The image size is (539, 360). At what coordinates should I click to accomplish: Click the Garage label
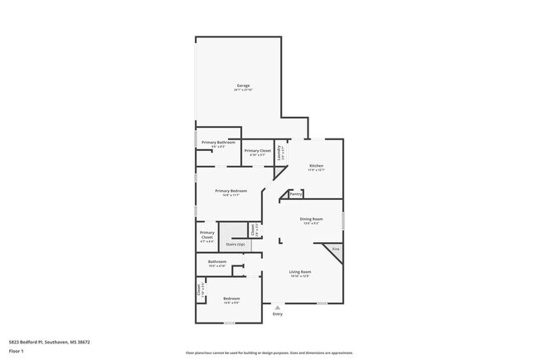[x=243, y=85]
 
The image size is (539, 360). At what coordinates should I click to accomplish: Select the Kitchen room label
[x=316, y=166]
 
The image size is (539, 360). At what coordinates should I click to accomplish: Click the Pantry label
[x=295, y=195]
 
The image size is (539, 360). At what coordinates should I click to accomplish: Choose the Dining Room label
[x=312, y=219]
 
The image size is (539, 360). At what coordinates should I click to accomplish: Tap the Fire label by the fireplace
[x=336, y=249]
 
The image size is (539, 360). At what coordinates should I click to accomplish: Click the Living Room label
[x=299, y=272]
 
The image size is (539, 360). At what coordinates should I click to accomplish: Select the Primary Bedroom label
[x=231, y=192]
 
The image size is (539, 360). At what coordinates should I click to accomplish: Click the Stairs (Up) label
[x=236, y=245]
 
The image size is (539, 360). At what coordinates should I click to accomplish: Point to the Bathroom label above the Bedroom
[x=217, y=261]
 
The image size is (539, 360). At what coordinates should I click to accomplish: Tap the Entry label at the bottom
[x=277, y=314]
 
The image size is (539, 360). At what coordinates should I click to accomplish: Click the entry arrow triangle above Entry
[x=277, y=308]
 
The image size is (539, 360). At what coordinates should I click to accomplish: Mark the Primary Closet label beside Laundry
[x=257, y=151]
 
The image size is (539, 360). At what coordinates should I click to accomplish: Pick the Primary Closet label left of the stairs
[x=207, y=236]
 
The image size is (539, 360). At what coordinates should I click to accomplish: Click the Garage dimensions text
[x=243, y=90]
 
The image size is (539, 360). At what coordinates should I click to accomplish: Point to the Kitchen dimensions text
[x=316, y=170]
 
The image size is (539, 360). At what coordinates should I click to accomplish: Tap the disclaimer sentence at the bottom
[x=269, y=353]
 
